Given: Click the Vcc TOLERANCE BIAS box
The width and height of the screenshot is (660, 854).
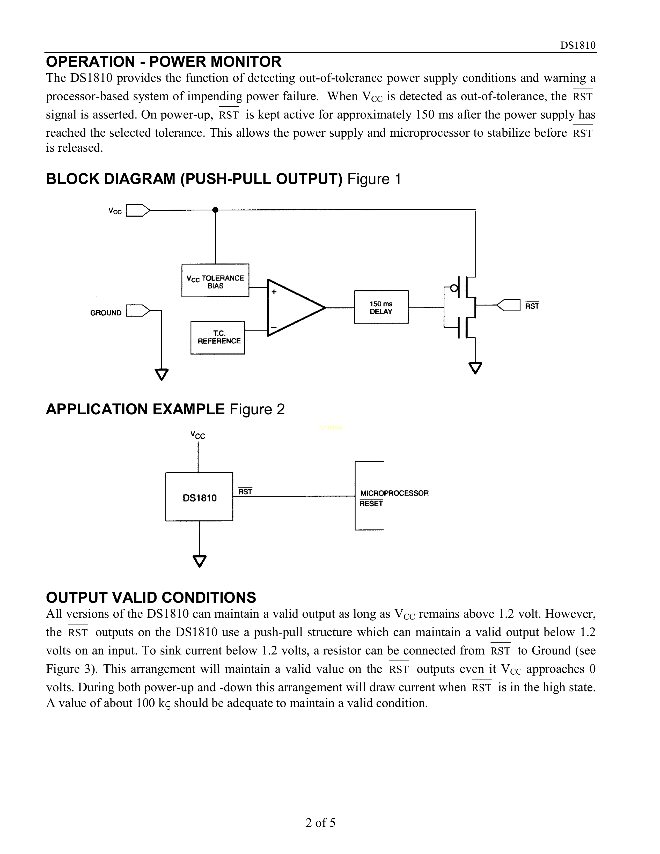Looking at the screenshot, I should (x=215, y=280).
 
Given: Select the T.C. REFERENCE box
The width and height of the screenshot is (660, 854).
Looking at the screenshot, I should (x=217, y=337).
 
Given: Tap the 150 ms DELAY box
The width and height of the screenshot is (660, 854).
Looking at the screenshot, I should (x=381, y=307).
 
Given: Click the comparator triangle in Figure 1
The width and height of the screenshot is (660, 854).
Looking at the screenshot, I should (x=293, y=308).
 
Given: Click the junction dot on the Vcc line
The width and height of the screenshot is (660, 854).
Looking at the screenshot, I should (x=215, y=210).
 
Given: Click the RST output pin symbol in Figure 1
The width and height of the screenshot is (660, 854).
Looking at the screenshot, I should (x=509, y=305).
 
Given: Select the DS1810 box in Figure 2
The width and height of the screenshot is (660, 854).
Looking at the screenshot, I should (x=199, y=497).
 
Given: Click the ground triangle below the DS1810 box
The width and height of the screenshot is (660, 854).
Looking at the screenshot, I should (x=199, y=561).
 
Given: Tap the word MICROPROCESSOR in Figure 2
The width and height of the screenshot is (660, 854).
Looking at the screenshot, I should (x=394, y=493).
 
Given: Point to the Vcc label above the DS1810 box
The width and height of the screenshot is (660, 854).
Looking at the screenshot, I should (x=198, y=435).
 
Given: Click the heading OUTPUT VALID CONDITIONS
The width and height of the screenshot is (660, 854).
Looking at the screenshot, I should (x=151, y=598).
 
